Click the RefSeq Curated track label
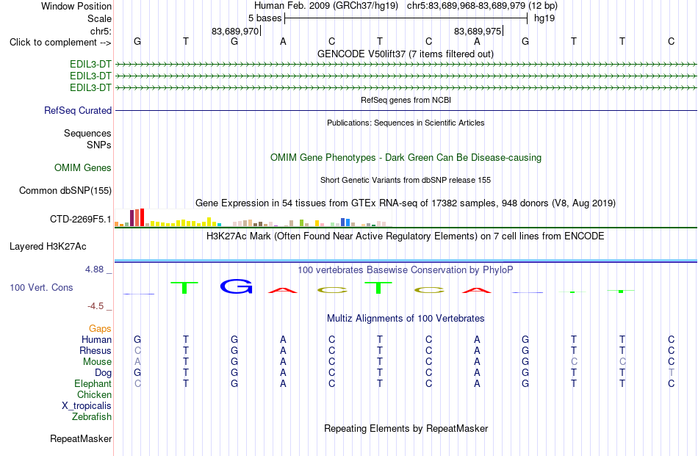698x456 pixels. pos(78,110)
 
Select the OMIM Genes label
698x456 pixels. pos(83,167)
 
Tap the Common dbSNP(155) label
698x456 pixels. pos(65,190)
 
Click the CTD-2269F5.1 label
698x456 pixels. pos(81,219)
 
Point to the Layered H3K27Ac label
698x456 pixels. pos(48,247)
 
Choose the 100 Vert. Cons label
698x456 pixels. pos(41,287)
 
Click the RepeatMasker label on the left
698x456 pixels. pos(81,438)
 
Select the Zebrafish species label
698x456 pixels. pos(92,417)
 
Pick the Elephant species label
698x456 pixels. pos(93,383)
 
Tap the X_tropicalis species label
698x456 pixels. pos(87,406)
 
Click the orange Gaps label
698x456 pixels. pos(100,328)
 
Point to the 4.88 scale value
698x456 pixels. pos(94,269)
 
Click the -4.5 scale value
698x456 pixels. pos(96,306)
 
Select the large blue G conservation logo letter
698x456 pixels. pos(237,286)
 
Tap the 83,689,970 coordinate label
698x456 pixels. pos(235,31)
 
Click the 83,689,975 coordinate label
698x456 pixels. pos(477,31)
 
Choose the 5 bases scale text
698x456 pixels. pos(265,18)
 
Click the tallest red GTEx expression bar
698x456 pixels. pos(142,217)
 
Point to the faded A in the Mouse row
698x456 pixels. pos(137,362)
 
